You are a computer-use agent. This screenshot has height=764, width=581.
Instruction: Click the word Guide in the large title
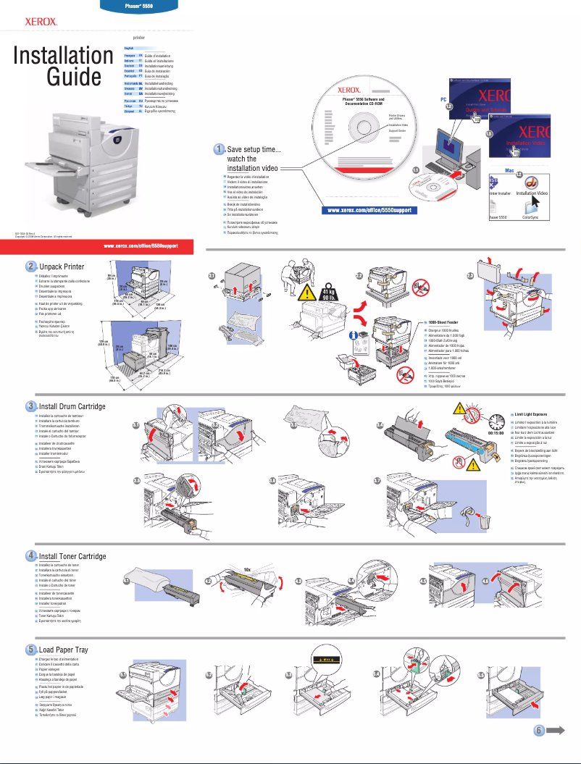coord(74,77)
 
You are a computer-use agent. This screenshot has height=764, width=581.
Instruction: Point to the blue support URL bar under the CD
coord(369,211)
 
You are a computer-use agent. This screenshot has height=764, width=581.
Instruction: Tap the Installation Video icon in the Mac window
coord(532,187)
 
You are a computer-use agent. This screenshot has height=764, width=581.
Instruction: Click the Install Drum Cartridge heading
coord(72,406)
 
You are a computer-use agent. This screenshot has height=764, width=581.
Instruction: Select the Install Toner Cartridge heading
coord(72,556)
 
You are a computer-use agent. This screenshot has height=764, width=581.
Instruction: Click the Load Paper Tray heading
coord(63,650)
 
